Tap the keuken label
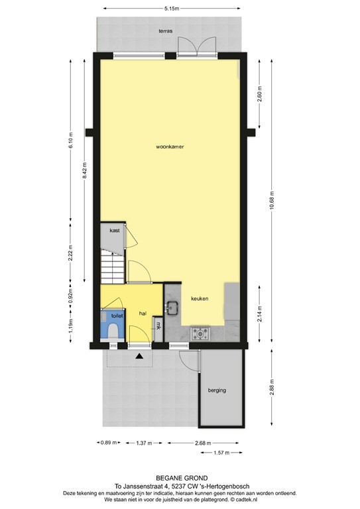point(200,299)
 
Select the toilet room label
point(117,317)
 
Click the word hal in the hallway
point(143,313)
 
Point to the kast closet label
point(114,231)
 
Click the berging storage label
point(217,390)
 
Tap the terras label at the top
point(166,31)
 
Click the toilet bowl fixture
point(113,331)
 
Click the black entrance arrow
point(139,357)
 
